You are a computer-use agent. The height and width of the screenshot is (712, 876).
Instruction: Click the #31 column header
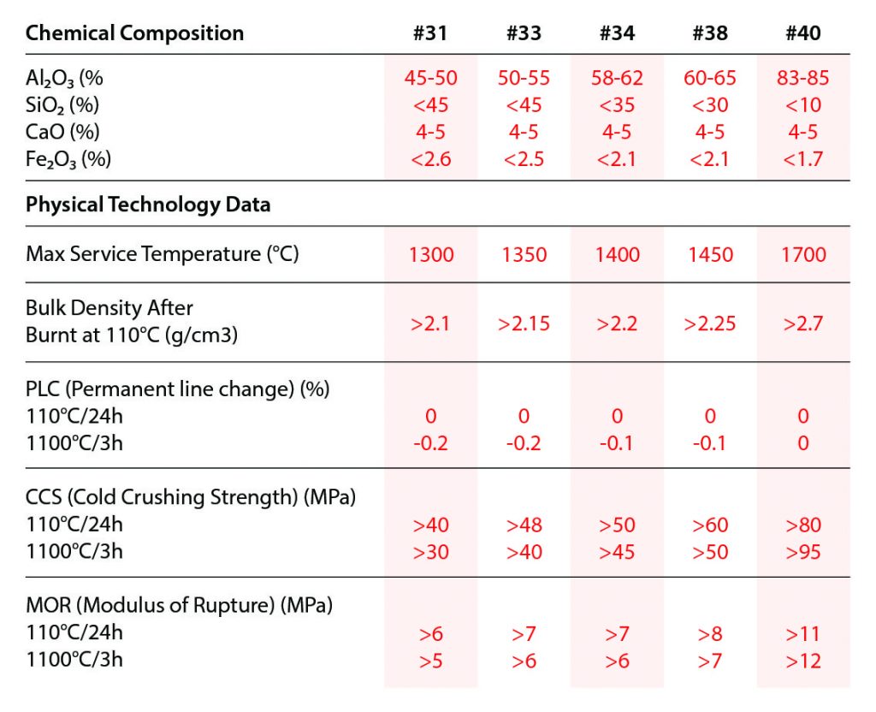[430, 33]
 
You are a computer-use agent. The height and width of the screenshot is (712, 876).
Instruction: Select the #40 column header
[802, 33]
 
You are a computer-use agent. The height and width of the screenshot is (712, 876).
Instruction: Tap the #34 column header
[616, 33]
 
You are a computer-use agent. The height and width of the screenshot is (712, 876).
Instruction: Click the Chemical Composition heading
[134, 33]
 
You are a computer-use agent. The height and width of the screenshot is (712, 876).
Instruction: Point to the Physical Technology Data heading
[148, 205]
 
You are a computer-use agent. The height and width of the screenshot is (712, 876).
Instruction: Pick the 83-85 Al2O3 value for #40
[802, 79]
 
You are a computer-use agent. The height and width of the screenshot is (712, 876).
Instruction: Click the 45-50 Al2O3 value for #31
[430, 79]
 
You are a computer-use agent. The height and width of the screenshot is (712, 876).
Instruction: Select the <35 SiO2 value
[616, 105]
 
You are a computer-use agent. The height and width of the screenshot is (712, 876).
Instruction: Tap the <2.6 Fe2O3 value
[430, 159]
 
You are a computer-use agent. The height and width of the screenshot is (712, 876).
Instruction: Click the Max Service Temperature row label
[163, 254]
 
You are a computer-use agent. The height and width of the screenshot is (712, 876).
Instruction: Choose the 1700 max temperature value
[802, 255]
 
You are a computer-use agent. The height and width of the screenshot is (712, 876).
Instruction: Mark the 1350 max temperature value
[524, 255]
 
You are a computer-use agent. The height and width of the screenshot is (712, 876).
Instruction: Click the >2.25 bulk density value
[709, 323]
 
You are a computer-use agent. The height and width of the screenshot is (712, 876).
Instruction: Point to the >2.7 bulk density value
[802, 323]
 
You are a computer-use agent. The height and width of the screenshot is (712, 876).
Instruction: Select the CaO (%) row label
[62, 132]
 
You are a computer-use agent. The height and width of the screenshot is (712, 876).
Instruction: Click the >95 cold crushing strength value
[802, 552]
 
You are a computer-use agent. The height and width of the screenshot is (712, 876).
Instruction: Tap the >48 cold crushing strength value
[524, 525]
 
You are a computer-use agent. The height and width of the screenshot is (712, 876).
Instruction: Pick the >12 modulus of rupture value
[802, 661]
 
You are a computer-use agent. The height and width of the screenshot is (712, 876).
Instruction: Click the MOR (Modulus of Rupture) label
[179, 606]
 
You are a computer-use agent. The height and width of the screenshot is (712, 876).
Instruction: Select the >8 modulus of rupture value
[709, 634]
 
